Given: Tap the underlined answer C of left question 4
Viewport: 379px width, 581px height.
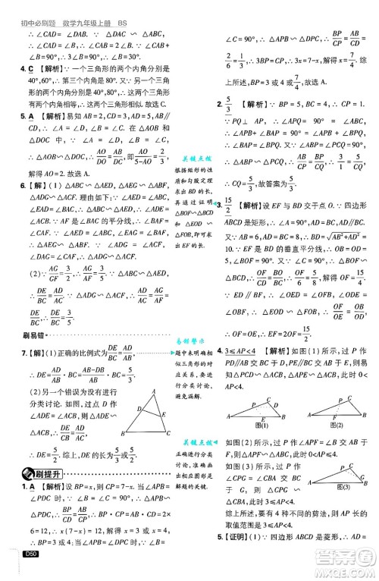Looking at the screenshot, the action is click(14, 68).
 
